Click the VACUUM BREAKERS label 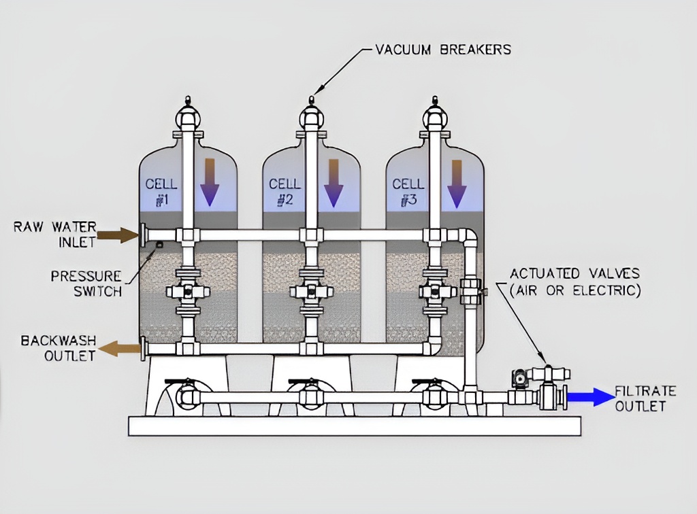click(x=443, y=50)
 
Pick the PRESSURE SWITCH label click(x=86, y=284)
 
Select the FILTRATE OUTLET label click(x=645, y=398)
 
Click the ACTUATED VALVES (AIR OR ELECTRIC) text click(x=575, y=282)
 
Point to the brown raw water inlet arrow click(x=118, y=235)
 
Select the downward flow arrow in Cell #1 click(x=210, y=182)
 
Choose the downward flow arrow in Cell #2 click(x=333, y=182)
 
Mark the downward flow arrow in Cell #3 click(x=456, y=182)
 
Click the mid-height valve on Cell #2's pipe click(x=311, y=292)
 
